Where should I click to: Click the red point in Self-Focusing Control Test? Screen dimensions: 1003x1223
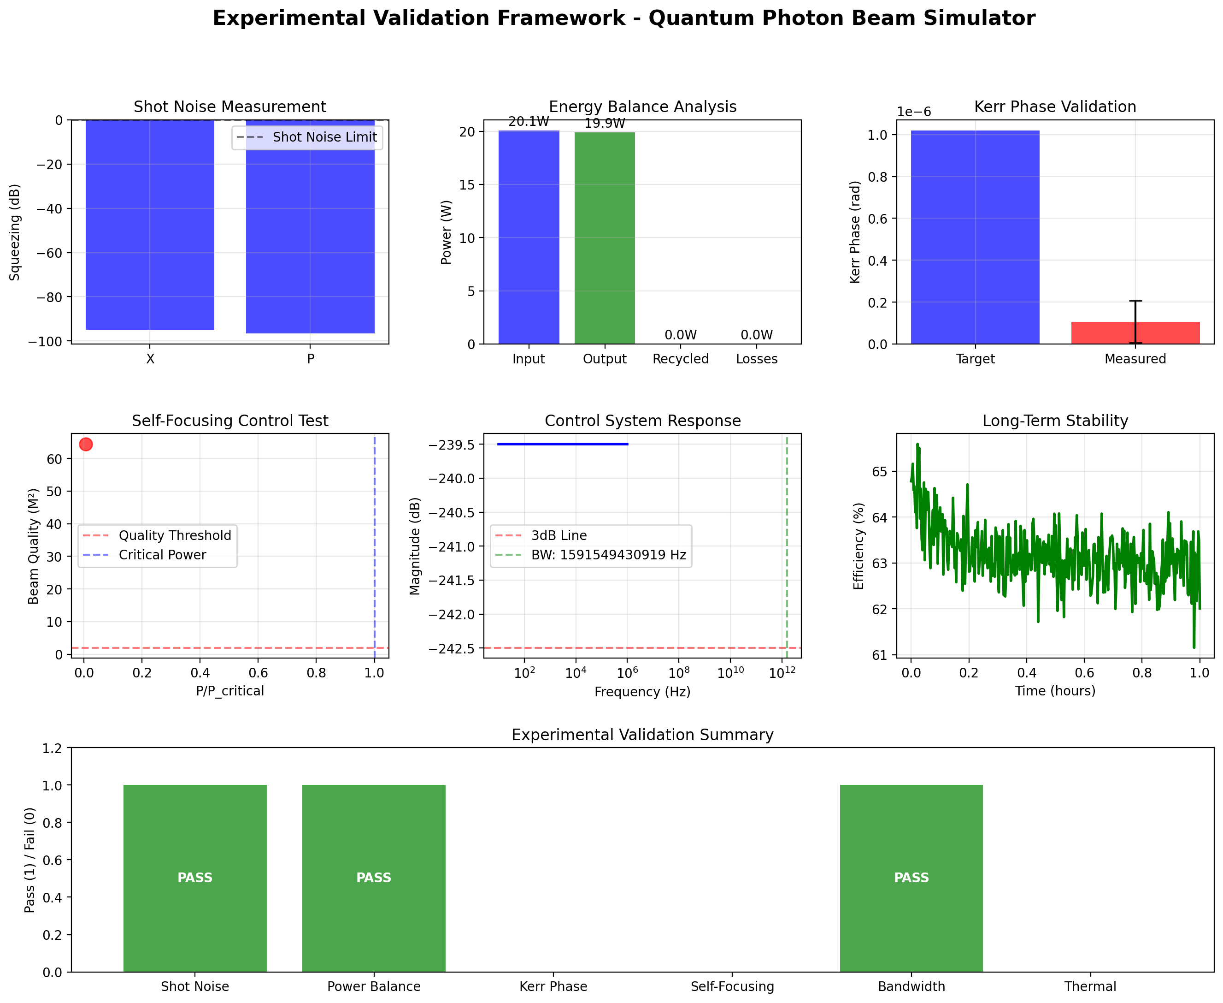[85, 444]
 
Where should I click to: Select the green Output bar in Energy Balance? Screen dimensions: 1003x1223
[605, 238]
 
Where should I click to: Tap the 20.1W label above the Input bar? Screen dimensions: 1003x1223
[529, 121]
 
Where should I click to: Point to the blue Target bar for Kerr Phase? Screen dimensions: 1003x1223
[975, 237]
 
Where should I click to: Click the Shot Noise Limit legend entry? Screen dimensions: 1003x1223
[324, 137]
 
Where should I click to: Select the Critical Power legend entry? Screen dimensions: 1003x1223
[162, 555]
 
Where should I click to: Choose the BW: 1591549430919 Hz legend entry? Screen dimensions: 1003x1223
[608, 555]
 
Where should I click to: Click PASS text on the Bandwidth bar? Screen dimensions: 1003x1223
[911, 878]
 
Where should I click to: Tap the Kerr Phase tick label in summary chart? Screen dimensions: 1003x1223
[553, 986]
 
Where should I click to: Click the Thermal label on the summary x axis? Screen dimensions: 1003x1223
[1090, 986]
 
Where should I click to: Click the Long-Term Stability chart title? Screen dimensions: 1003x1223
[1055, 421]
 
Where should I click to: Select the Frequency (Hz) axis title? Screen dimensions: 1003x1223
[642, 692]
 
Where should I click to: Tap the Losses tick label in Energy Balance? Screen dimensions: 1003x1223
[757, 359]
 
